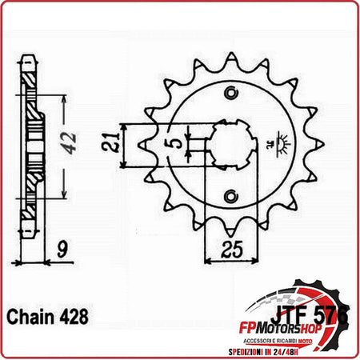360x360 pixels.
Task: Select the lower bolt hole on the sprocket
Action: [x=232, y=196]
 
